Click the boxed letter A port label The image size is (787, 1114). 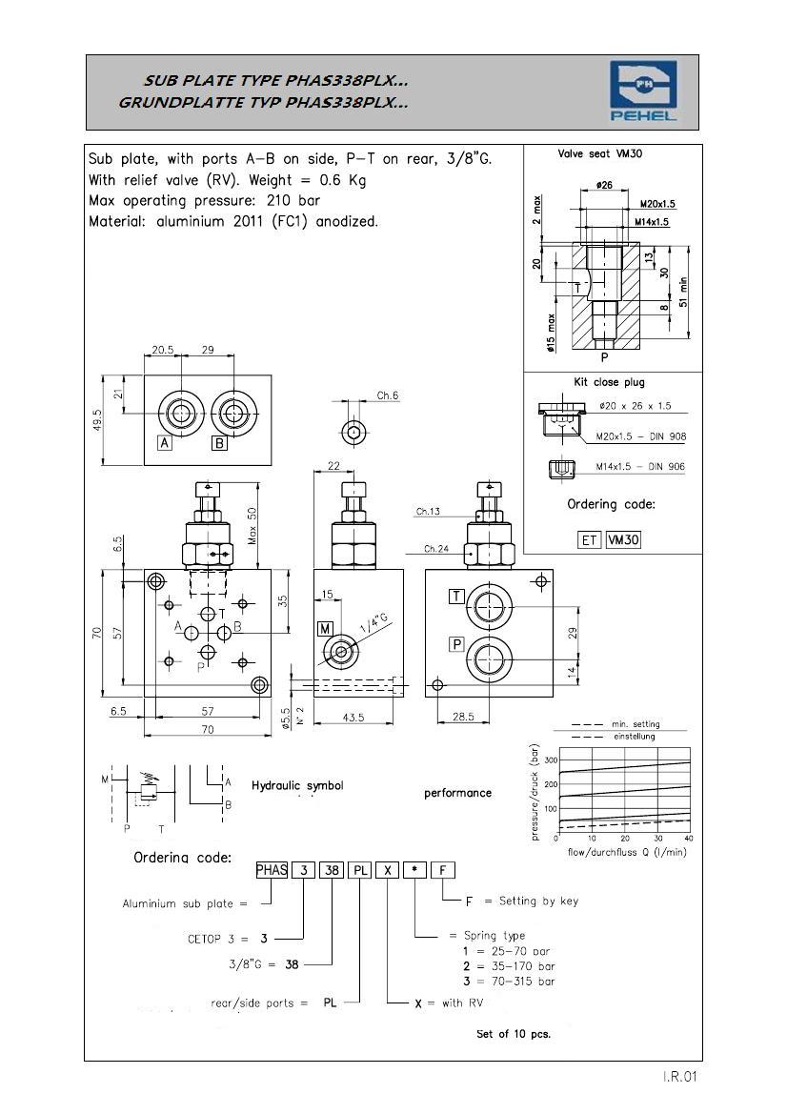coord(165,442)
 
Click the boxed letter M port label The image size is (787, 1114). coord(326,628)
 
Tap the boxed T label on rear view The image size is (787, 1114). coord(457,597)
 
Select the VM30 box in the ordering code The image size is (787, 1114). coord(624,539)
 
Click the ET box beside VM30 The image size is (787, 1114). coord(590,539)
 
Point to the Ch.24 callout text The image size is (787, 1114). coord(437,549)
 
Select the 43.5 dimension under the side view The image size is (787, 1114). coord(353,717)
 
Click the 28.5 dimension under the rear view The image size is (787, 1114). coord(464,717)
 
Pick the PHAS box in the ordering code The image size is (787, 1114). coord(272,869)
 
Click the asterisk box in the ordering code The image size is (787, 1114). coord(414,869)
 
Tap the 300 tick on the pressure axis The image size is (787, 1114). coord(549,760)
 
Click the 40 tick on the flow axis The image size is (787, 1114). coord(689,838)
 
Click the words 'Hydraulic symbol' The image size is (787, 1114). coord(297,786)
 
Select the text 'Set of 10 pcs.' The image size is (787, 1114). coord(514,1033)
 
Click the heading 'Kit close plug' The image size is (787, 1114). coord(608,382)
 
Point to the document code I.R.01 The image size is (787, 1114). coord(682,1078)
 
